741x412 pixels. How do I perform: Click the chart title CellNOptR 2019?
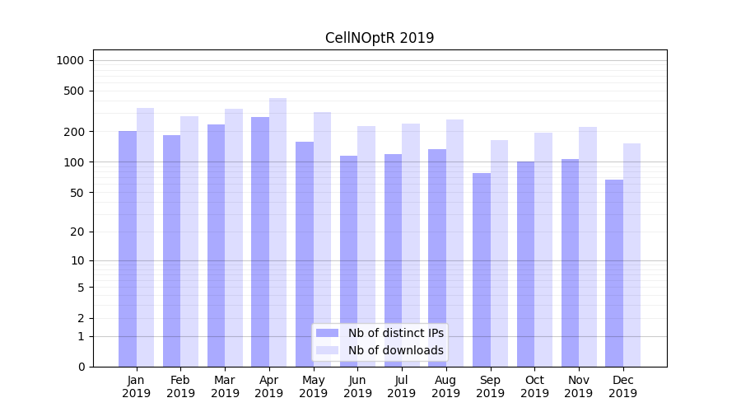click(380, 38)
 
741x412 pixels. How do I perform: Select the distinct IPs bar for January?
click(128, 247)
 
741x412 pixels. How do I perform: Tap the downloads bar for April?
click(278, 231)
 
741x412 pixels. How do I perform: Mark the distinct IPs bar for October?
click(526, 264)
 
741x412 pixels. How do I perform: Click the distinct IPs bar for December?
click(614, 272)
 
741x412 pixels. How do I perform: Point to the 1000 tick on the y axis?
click(70, 60)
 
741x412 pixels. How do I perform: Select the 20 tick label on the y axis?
click(78, 232)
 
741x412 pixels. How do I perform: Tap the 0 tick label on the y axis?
click(81, 367)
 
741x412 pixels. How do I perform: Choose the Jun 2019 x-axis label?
click(357, 386)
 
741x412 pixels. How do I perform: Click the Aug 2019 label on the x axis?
click(446, 386)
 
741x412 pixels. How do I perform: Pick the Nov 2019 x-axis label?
click(579, 386)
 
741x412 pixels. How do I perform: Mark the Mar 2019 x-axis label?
click(225, 386)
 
